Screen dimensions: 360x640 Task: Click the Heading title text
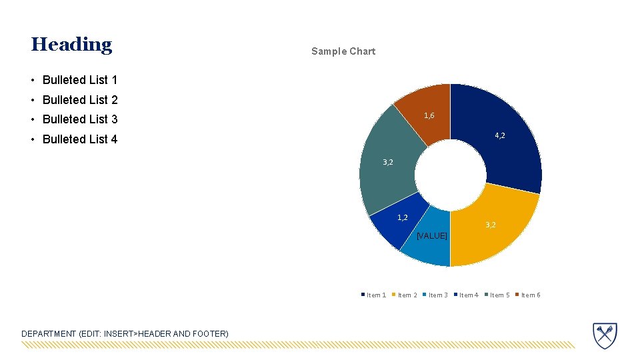tap(71, 45)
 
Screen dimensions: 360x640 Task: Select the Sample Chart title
tap(343, 51)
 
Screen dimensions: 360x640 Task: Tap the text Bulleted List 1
tap(79, 80)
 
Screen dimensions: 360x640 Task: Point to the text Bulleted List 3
tap(79, 119)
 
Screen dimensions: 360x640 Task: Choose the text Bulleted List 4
tap(79, 139)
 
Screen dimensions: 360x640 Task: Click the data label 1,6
tap(429, 115)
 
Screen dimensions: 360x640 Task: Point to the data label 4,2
tap(499, 135)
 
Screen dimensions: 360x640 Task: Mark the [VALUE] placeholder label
tap(431, 236)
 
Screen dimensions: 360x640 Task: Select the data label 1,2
tap(403, 217)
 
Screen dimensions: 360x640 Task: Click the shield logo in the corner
tap(605, 335)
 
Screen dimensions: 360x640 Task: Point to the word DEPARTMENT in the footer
tap(49, 333)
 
